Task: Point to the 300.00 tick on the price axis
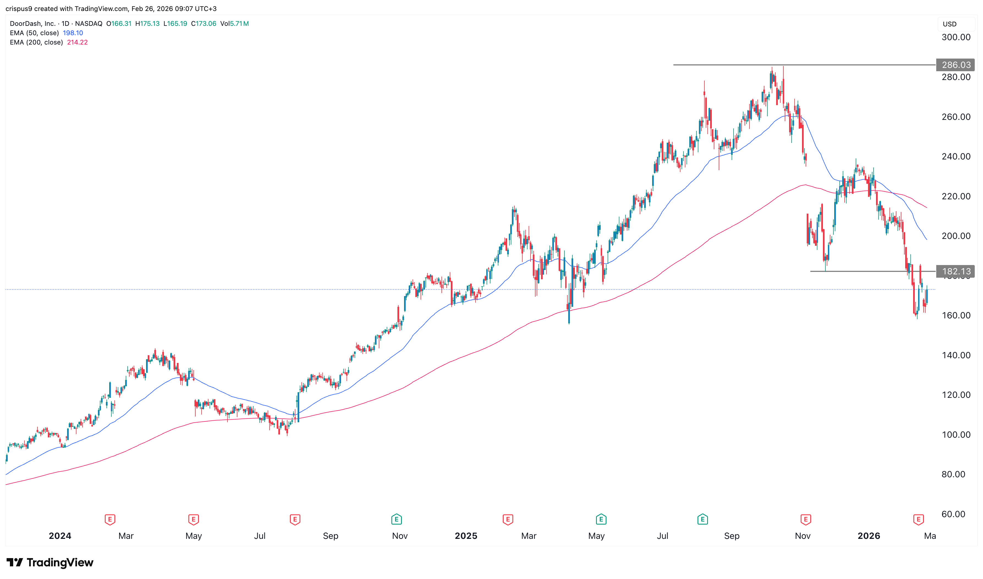pyautogui.click(x=956, y=37)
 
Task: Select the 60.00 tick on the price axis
pyautogui.click(x=953, y=514)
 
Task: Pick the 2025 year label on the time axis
pyautogui.click(x=466, y=536)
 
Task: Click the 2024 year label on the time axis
pyautogui.click(x=60, y=536)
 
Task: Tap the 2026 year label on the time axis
pyautogui.click(x=869, y=536)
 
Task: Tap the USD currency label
pyautogui.click(x=949, y=24)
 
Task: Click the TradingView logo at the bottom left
pyautogui.click(x=50, y=562)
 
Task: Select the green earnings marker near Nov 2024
pyautogui.click(x=397, y=519)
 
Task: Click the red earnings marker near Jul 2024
pyautogui.click(x=295, y=519)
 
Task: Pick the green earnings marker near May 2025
pyautogui.click(x=601, y=519)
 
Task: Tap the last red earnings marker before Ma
pyautogui.click(x=918, y=519)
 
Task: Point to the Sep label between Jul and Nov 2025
pyautogui.click(x=732, y=536)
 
